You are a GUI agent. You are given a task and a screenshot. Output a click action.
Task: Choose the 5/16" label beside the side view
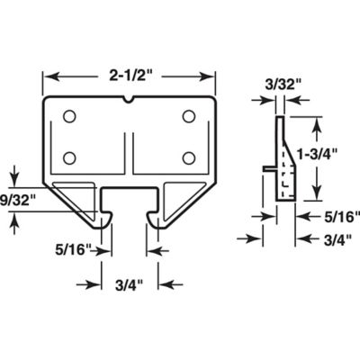340,216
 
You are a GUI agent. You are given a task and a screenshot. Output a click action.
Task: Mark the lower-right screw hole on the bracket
189,157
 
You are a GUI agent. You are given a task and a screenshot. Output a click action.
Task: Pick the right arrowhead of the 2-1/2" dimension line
215,76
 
